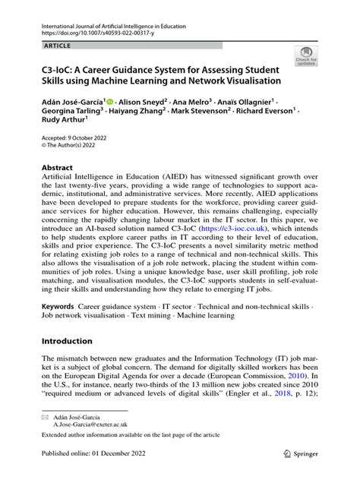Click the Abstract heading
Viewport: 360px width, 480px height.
(58, 166)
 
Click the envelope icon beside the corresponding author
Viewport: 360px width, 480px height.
(46, 417)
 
